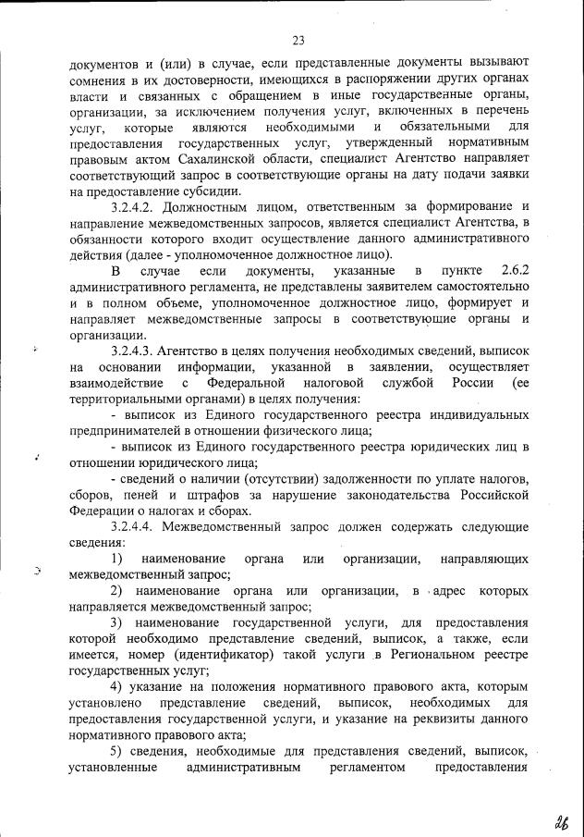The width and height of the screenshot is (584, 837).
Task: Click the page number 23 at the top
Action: coord(298,39)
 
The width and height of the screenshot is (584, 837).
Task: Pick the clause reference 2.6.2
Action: coord(512,270)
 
